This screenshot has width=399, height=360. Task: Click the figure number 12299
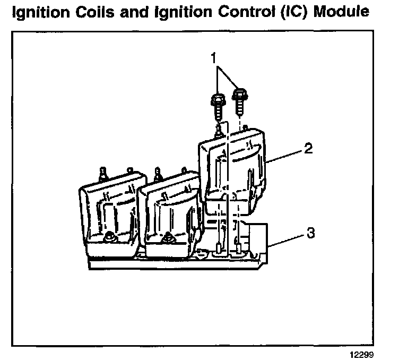373,353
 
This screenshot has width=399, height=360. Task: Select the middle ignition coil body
169,212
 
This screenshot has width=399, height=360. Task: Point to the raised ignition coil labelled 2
233,165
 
